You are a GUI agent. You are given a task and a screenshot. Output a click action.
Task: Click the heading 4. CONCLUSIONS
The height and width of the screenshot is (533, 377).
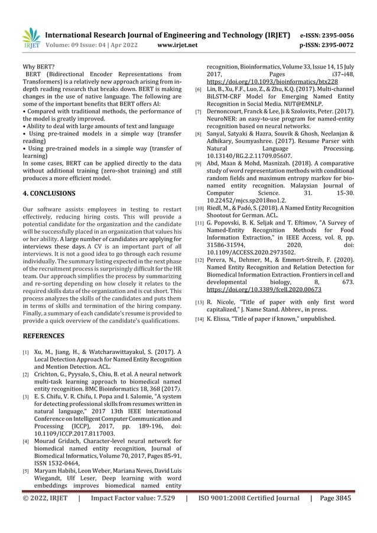pyautogui.click(x=48, y=193)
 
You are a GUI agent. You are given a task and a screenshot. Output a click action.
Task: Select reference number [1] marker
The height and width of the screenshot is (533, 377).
pyautogui.click(x=26, y=354)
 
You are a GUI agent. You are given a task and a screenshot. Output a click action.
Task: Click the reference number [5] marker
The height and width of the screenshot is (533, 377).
pyautogui.click(x=26, y=471)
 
